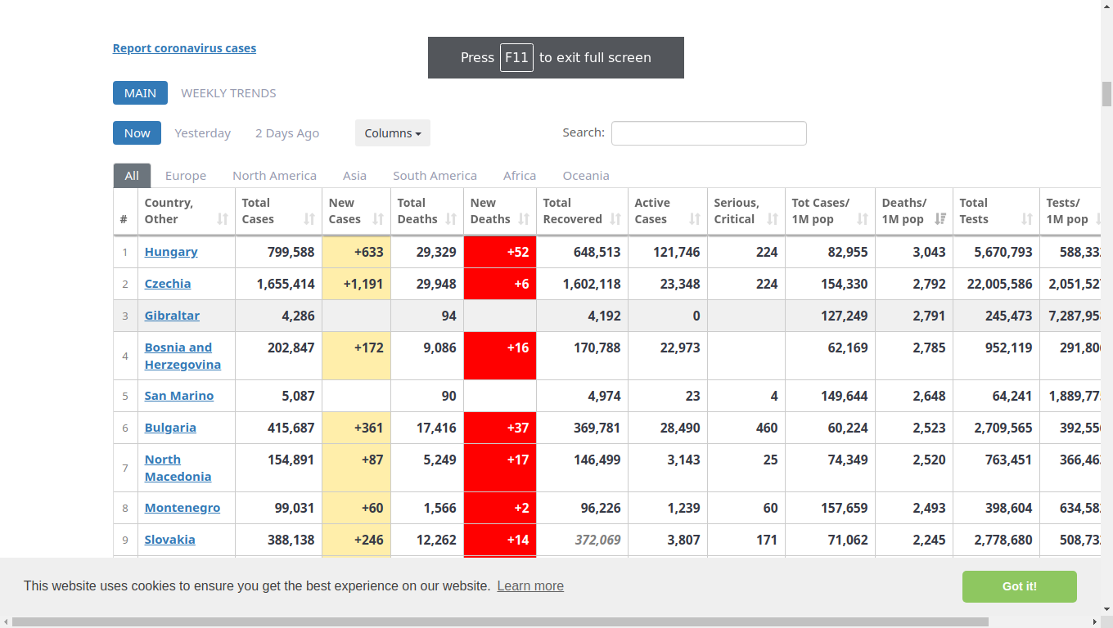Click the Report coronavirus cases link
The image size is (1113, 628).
tap(184, 48)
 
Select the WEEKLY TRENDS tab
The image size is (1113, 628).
tap(228, 93)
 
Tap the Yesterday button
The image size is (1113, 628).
tap(203, 133)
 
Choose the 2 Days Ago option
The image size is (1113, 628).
tap(287, 133)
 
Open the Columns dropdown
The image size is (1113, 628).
tap(393, 133)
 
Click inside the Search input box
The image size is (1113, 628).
tap(709, 133)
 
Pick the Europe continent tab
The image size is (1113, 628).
tap(185, 176)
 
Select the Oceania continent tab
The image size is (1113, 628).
tap(586, 176)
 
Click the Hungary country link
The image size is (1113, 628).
tap(171, 252)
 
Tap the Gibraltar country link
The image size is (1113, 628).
tap(172, 316)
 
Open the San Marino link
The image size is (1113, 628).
tap(179, 396)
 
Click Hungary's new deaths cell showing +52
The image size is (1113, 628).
tap(500, 252)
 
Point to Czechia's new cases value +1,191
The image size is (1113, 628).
tap(363, 284)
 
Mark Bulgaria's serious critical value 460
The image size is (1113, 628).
tap(767, 428)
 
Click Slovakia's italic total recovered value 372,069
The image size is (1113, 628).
tap(597, 540)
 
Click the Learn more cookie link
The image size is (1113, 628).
tap(530, 585)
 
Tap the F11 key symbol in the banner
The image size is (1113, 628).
tap(516, 57)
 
